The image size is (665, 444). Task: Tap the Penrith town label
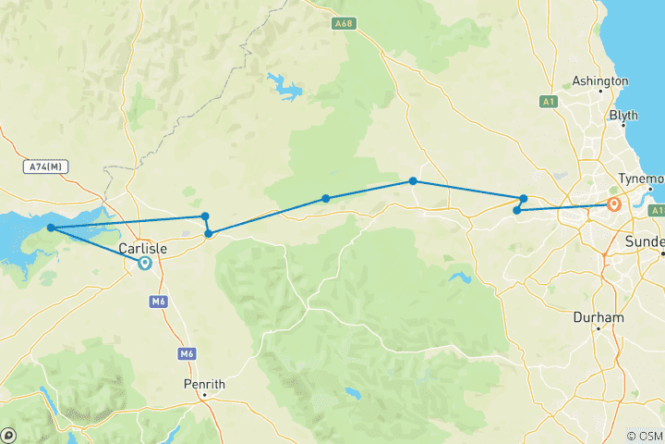click(x=205, y=384)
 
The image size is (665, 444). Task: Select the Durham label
click(x=598, y=317)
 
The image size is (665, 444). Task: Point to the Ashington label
click(x=600, y=81)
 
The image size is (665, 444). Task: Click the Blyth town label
click(x=623, y=116)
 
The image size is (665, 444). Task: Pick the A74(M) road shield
click(x=43, y=166)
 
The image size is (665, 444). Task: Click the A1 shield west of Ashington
click(x=548, y=100)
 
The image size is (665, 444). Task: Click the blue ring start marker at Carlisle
click(x=145, y=263)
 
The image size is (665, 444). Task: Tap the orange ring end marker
click(x=613, y=205)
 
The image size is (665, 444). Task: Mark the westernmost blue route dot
click(x=51, y=228)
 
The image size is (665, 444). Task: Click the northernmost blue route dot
click(x=413, y=181)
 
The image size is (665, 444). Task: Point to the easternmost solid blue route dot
click(x=523, y=198)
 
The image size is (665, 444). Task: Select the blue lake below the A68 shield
click(x=285, y=89)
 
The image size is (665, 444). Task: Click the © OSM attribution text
click(x=644, y=436)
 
